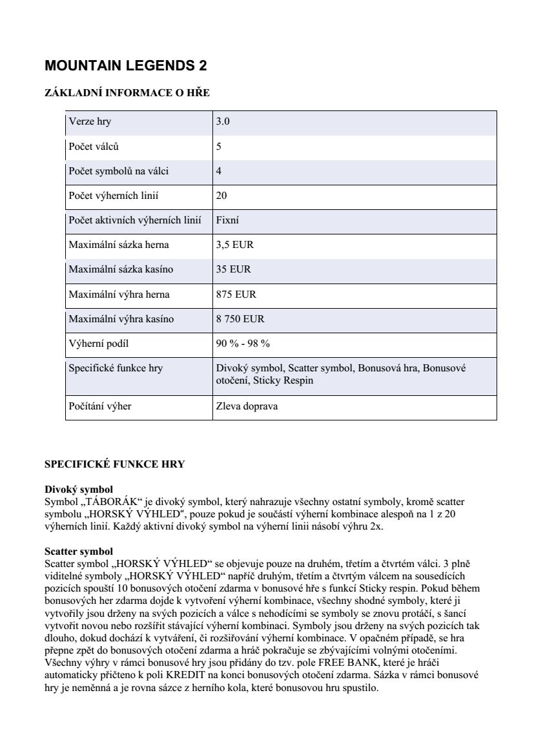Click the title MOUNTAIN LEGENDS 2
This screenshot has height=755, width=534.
click(x=126, y=66)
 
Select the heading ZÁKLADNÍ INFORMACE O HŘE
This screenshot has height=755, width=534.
click(x=127, y=93)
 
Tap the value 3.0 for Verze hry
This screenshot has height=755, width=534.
click(x=223, y=122)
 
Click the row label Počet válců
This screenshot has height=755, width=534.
click(x=94, y=147)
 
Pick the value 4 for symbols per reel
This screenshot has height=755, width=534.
click(x=219, y=171)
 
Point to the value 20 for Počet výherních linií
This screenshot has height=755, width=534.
click(x=221, y=196)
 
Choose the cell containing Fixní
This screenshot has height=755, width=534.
click(x=227, y=220)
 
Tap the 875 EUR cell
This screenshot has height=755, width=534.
click(x=236, y=295)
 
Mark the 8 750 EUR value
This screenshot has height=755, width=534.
click(x=240, y=319)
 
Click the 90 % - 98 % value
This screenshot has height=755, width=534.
click(x=243, y=344)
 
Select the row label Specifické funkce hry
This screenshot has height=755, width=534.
click(x=116, y=368)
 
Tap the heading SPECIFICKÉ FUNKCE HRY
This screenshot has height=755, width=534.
click(x=114, y=464)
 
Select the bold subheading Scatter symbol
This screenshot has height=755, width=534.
click(x=79, y=552)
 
